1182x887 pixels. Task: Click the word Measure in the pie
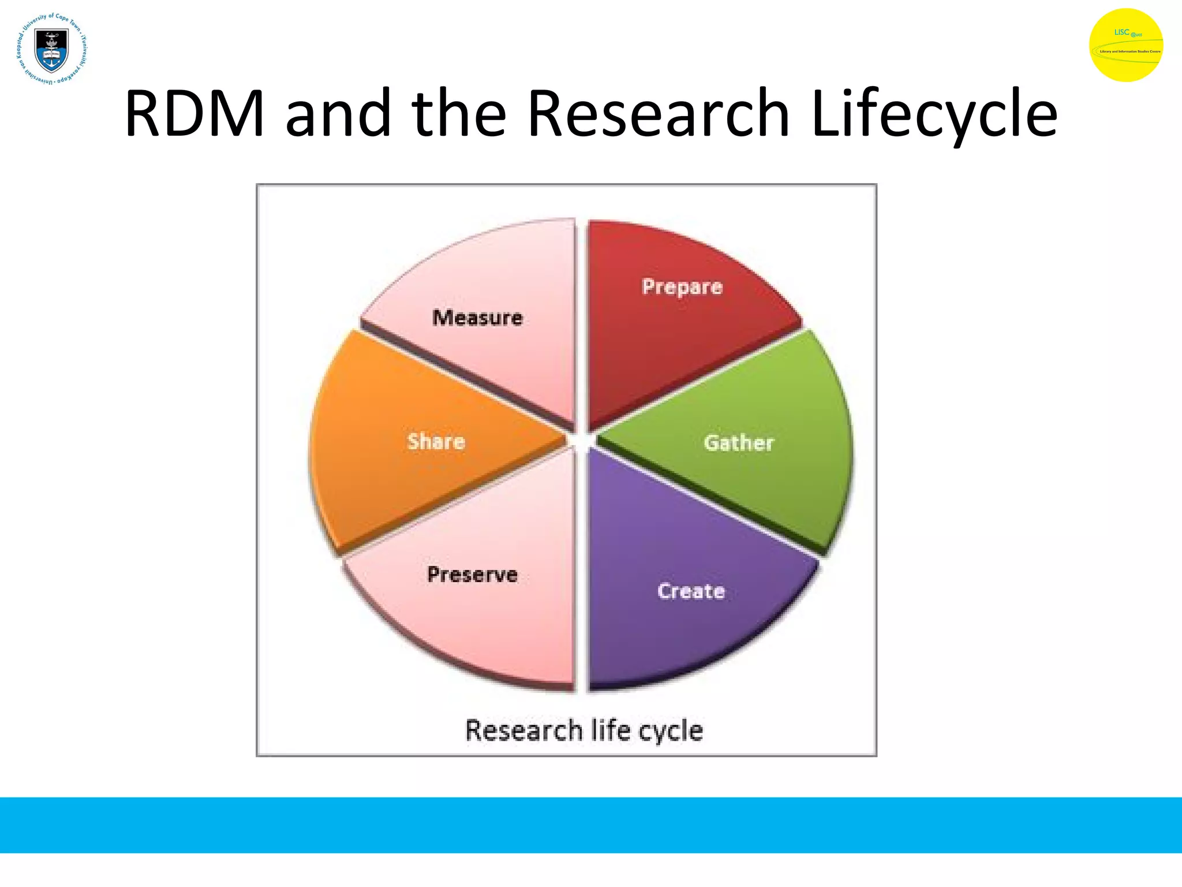coord(477,318)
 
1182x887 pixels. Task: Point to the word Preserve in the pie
coord(472,575)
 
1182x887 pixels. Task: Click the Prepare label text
coord(682,287)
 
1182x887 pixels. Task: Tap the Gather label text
coord(738,443)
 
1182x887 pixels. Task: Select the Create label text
coord(691,591)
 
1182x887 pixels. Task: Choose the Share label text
coord(436,442)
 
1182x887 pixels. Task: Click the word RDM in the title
coord(194,114)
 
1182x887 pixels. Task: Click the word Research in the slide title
coord(658,114)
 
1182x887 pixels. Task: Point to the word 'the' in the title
coord(459,114)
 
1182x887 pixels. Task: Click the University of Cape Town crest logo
coord(52,49)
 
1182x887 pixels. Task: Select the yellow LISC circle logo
coord(1125,45)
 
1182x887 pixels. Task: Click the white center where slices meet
coord(581,441)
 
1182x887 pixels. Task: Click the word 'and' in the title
coord(338,114)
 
